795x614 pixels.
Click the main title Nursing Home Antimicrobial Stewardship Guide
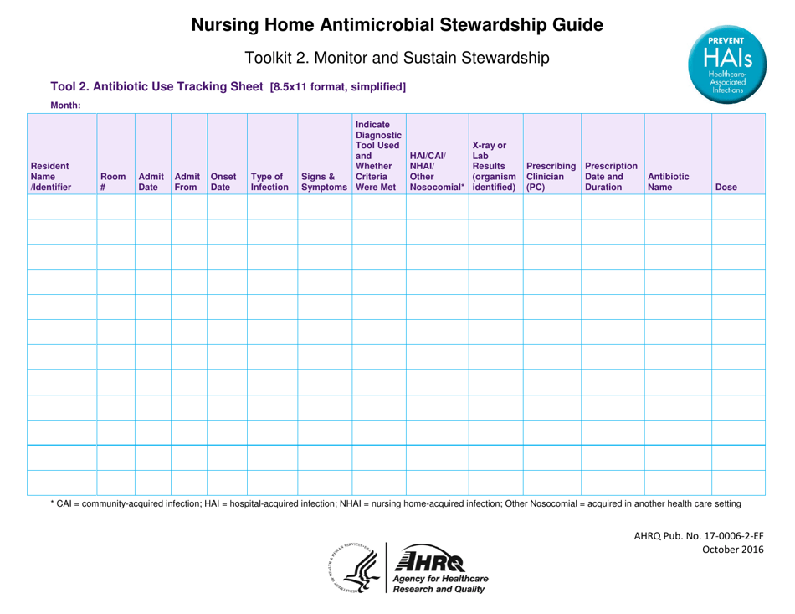[397, 25]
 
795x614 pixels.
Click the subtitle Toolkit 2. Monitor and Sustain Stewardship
[397, 59]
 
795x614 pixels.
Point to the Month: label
[66, 106]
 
